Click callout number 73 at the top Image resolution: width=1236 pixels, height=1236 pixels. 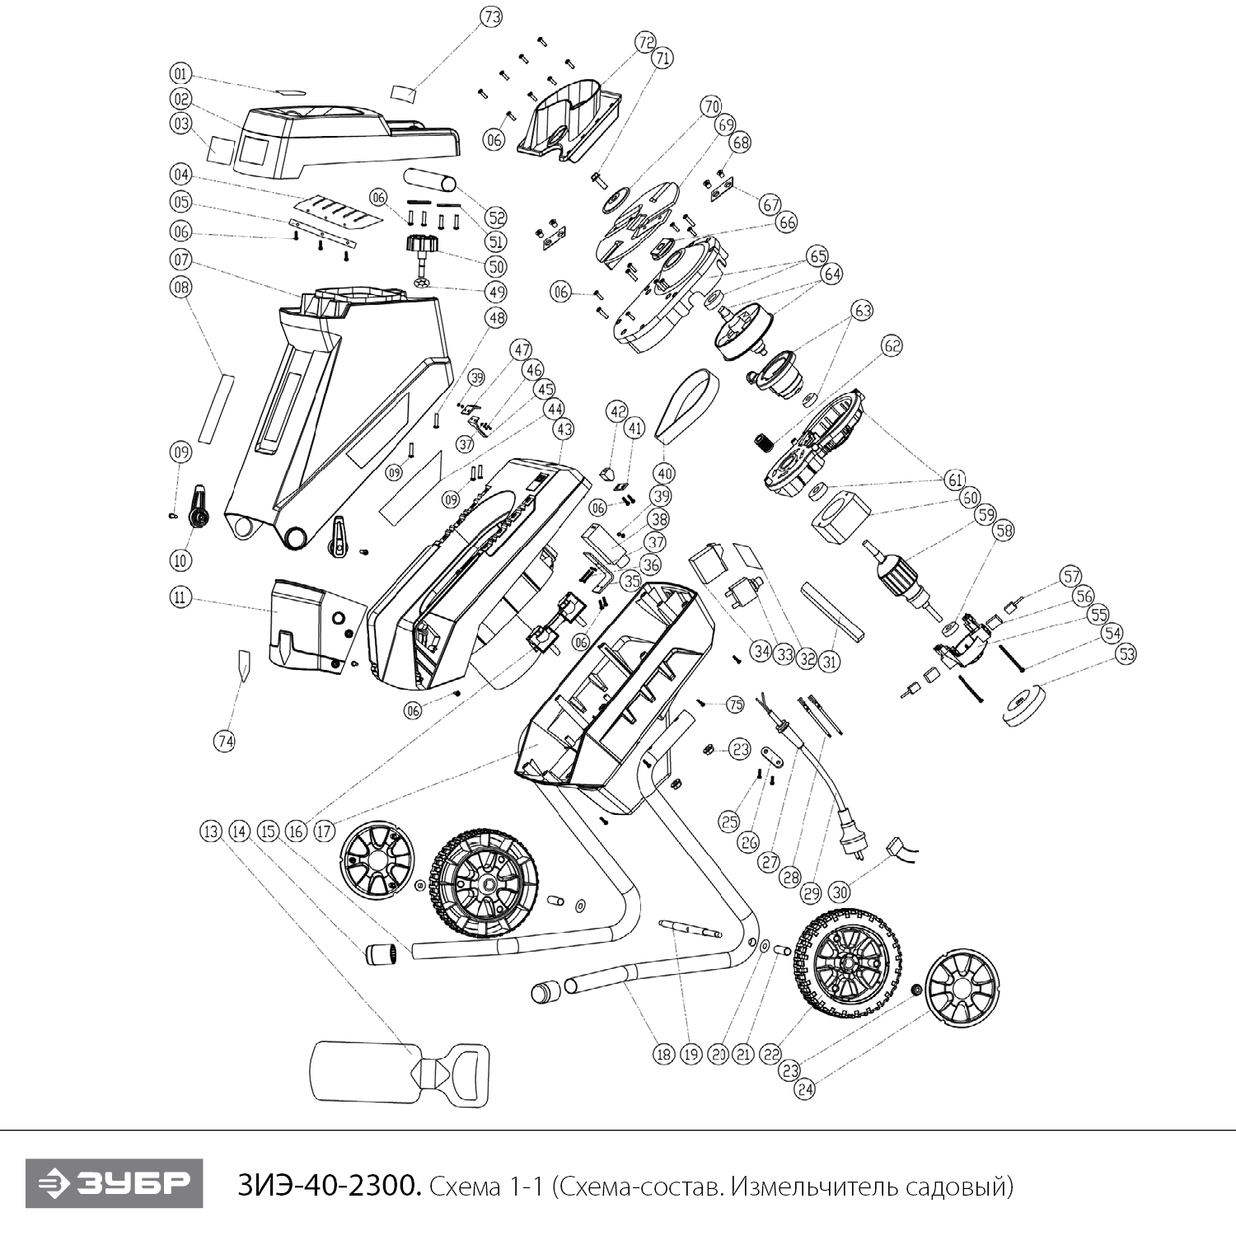click(492, 17)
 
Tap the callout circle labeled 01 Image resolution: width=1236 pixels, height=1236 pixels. click(181, 73)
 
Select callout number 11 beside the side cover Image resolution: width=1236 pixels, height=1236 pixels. click(180, 597)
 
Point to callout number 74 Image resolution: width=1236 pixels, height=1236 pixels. click(224, 742)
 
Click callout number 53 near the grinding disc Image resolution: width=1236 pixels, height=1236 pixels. click(1125, 654)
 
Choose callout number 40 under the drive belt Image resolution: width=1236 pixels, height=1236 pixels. click(664, 474)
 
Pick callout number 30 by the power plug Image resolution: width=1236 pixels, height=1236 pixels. click(839, 892)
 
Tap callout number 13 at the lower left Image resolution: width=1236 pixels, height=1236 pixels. click(211, 831)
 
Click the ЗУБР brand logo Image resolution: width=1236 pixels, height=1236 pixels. click(114, 1184)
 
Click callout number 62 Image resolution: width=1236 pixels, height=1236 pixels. click(892, 346)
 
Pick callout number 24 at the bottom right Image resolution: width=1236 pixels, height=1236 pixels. click(805, 1089)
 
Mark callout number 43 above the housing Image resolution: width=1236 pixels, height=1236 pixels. click(564, 428)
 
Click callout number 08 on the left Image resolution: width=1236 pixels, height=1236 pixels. click(180, 287)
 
